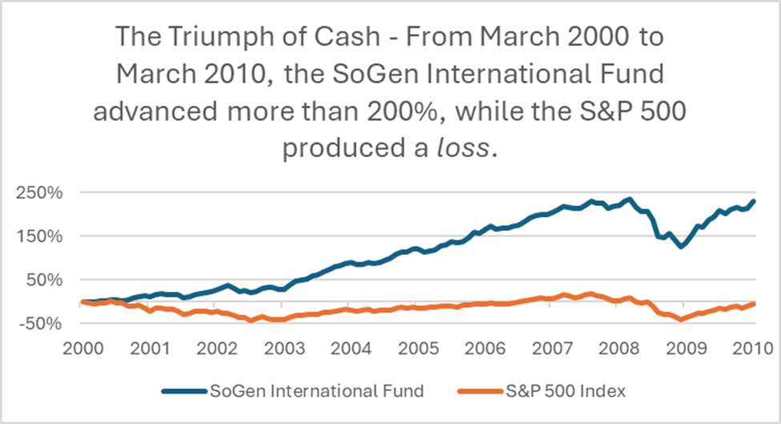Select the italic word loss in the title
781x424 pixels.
pyautogui.click(x=467, y=149)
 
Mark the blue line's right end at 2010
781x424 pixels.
pyautogui.click(x=755, y=201)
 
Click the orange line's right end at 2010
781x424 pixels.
pyautogui.click(x=755, y=303)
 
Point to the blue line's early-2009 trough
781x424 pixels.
pyautogui.click(x=681, y=246)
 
